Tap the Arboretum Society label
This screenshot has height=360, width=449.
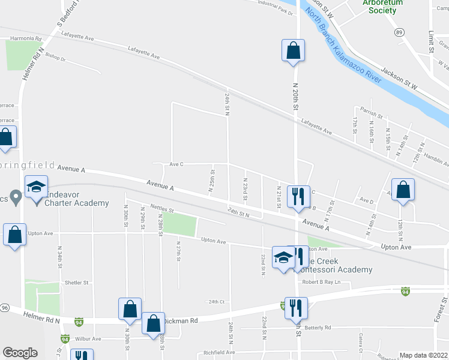pyautogui.click(x=383, y=6)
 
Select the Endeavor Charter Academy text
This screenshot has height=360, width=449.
pyautogui.click(x=75, y=199)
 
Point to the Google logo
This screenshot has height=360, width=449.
pyautogui.click(x=20, y=352)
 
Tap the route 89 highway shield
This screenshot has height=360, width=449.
pyautogui.click(x=399, y=33)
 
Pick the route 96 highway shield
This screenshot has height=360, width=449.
pyautogui.click(x=4, y=307)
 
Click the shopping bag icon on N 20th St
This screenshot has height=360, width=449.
pyautogui.click(x=293, y=51)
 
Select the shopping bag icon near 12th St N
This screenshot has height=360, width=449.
pyautogui.click(x=403, y=190)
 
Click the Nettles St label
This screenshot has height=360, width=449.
pyautogui.click(x=161, y=210)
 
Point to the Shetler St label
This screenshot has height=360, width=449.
pyautogui.click(x=76, y=282)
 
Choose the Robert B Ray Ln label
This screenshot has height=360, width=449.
pyautogui.click(x=325, y=281)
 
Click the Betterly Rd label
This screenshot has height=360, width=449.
pyautogui.click(x=318, y=328)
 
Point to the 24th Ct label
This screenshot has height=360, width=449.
pyautogui.click(x=216, y=302)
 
